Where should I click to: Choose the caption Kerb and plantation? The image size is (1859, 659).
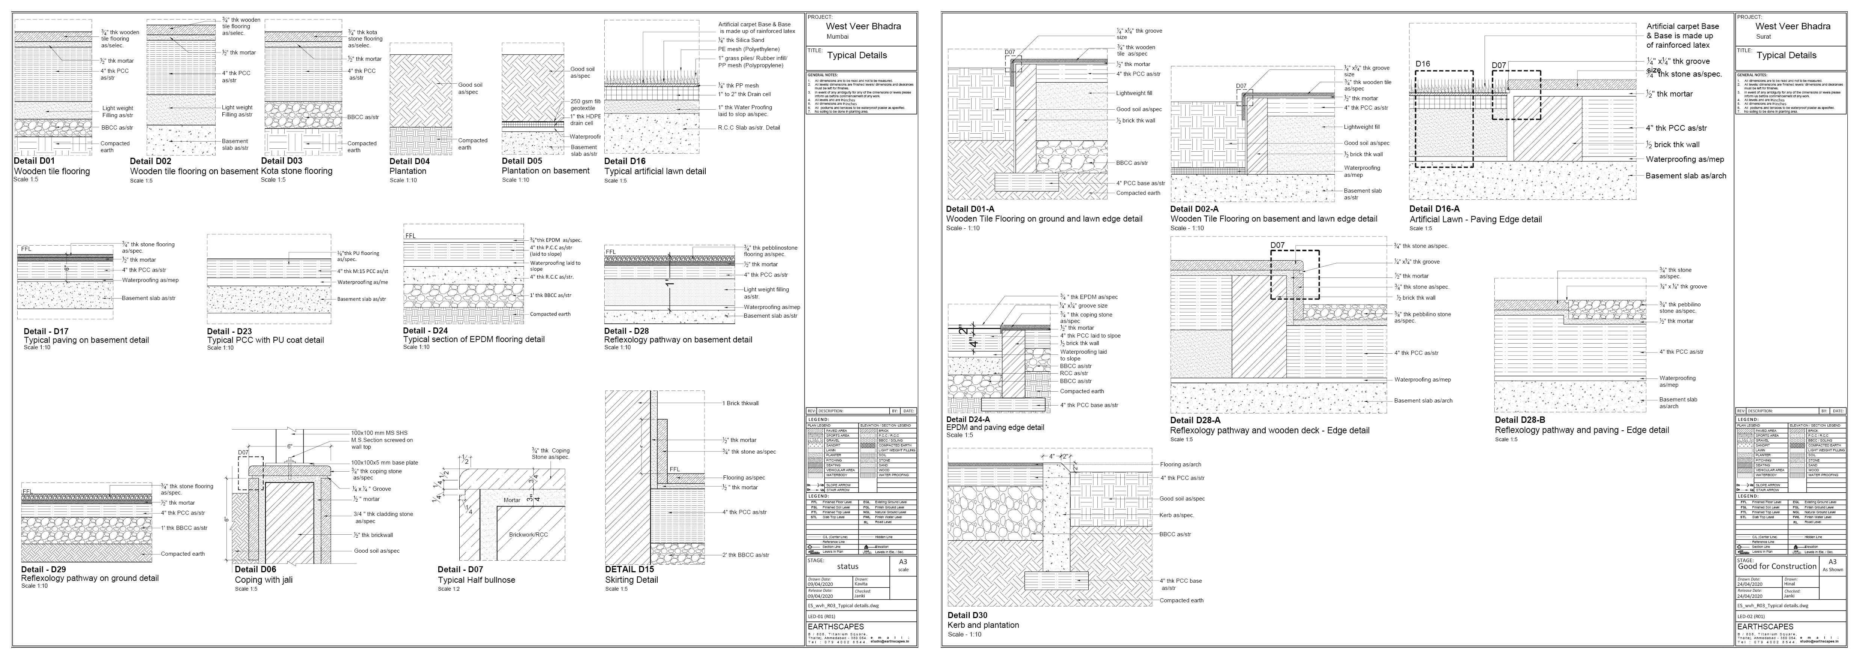point(983,625)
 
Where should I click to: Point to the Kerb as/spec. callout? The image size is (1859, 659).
point(1177,515)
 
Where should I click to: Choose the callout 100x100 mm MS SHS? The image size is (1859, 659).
point(379,433)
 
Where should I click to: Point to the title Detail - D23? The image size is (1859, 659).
point(229,331)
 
